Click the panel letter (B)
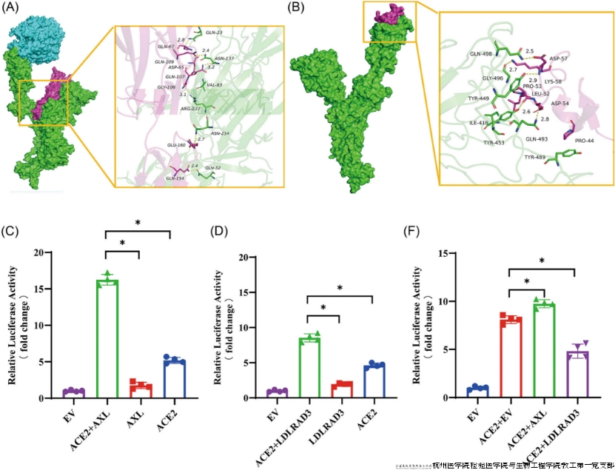(295, 9)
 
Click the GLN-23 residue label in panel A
(215, 32)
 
